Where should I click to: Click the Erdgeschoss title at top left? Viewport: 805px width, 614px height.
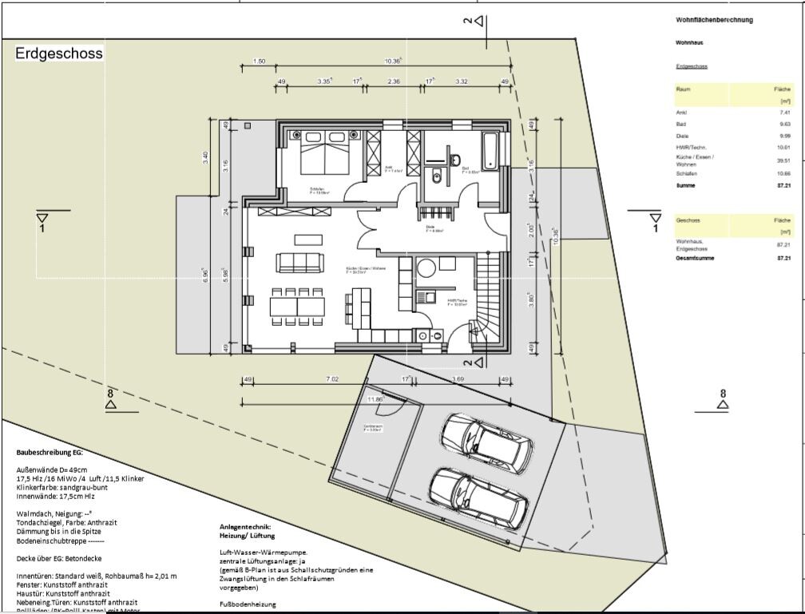click(58, 55)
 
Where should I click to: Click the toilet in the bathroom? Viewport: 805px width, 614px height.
click(437, 177)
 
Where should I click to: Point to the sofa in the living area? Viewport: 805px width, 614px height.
click(300, 263)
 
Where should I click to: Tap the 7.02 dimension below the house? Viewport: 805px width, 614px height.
click(333, 379)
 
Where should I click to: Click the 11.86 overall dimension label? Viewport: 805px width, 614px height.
click(375, 398)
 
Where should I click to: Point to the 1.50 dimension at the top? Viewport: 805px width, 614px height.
click(259, 61)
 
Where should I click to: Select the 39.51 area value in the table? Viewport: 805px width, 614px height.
click(783, 160)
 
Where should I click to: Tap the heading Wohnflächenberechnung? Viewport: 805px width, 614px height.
click(714, 19)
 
